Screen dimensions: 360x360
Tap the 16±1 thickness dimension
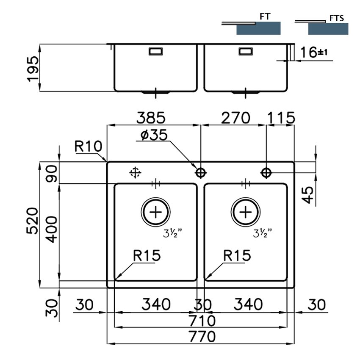click(313, 52)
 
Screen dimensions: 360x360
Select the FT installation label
click(265, 16)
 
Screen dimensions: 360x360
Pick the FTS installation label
click(337, 18)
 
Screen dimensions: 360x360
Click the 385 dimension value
click(151, 118)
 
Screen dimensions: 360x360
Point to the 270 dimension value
click(235, 118)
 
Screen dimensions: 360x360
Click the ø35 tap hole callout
click(154, 135)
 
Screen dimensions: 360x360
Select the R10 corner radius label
click(89, 146)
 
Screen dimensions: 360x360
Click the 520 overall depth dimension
click(33, 221)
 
